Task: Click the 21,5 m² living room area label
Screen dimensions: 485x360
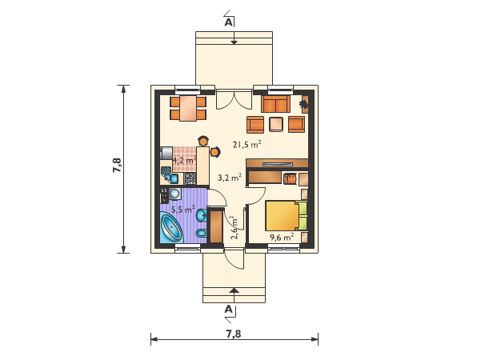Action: tap(247, 145)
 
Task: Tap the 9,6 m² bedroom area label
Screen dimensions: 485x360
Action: tap(282, 238)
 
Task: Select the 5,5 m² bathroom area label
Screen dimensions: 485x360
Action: tap(183, 210)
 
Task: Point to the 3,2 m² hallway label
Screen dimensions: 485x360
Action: tap(230, 178)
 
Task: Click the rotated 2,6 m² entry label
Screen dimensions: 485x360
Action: tap(234, 228)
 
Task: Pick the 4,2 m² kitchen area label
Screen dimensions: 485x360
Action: tap(184, 160)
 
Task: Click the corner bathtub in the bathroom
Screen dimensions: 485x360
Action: tap(172, 228)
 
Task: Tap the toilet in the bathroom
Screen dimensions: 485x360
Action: tap(202, 233)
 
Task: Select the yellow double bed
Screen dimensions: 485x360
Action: tap(286, 215)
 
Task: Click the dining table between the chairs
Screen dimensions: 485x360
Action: tap(188, 108)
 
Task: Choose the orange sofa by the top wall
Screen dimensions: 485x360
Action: tap(275, 104)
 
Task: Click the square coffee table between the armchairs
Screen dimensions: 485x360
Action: tap(276, 124)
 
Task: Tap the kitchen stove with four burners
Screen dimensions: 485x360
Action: tap(190, 178)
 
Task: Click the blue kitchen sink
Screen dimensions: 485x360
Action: tap(171, 178)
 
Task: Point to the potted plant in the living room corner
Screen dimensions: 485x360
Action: tap(304, 104)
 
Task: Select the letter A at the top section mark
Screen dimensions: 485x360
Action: tap(228, 22)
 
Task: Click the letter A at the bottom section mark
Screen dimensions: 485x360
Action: tap(228, 309)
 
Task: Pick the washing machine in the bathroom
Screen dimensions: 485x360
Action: tap(174, 194)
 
